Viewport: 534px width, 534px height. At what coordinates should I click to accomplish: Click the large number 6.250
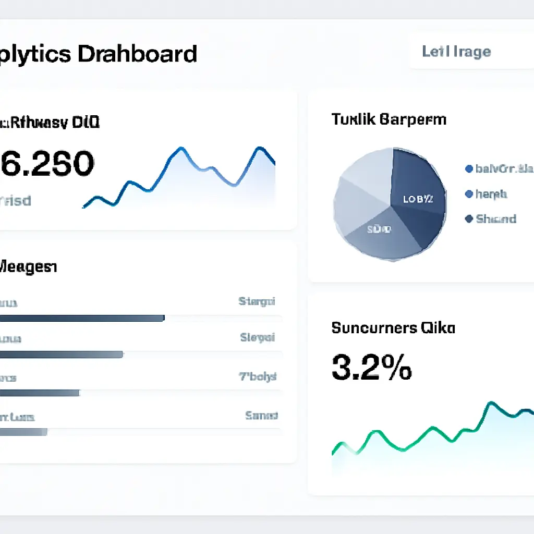47,164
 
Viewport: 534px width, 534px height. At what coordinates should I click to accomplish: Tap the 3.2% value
371,367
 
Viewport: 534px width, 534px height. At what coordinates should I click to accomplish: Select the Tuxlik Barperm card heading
389,119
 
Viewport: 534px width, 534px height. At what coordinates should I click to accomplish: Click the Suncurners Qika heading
393,328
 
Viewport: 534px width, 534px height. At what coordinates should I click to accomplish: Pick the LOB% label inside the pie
417,199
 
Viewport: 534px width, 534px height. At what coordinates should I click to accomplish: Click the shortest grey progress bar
23,432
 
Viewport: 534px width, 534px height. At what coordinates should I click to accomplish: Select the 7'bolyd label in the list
258,377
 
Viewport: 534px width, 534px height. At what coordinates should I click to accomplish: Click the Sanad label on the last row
261,416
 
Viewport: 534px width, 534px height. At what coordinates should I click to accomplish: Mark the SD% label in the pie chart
379,229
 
